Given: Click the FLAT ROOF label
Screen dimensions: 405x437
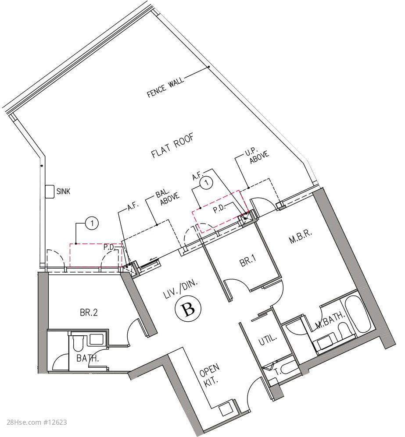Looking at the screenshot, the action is (x=172, y=146).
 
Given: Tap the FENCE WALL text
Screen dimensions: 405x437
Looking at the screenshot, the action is (x=165, y=87).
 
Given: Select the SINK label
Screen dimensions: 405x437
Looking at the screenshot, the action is (x=63, y=192).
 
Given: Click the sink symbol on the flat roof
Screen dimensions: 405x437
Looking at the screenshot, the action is (x=50, y=192).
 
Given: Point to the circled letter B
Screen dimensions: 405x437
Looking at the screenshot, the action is (x=188, y=309).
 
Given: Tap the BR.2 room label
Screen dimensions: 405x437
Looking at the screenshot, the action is (x=89, y=313).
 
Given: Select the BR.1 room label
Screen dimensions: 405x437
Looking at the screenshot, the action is (x=247, y=261).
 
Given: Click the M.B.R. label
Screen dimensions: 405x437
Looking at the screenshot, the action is (x=300, y=237).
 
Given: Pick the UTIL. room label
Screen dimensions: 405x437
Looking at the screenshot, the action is (x=268, y=339).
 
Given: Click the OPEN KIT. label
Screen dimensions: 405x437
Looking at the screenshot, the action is (x=210, y=375).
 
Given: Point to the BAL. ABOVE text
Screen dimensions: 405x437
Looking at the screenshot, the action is (x=167, y=197).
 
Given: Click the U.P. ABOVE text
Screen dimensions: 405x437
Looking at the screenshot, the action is (x=257, y=155).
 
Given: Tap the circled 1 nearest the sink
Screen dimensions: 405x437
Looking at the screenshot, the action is (x=92, y=223).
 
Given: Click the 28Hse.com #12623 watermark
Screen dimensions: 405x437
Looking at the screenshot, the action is (x=36, y=422).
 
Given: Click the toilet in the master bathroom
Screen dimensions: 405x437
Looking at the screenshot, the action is (x=343, y=329).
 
